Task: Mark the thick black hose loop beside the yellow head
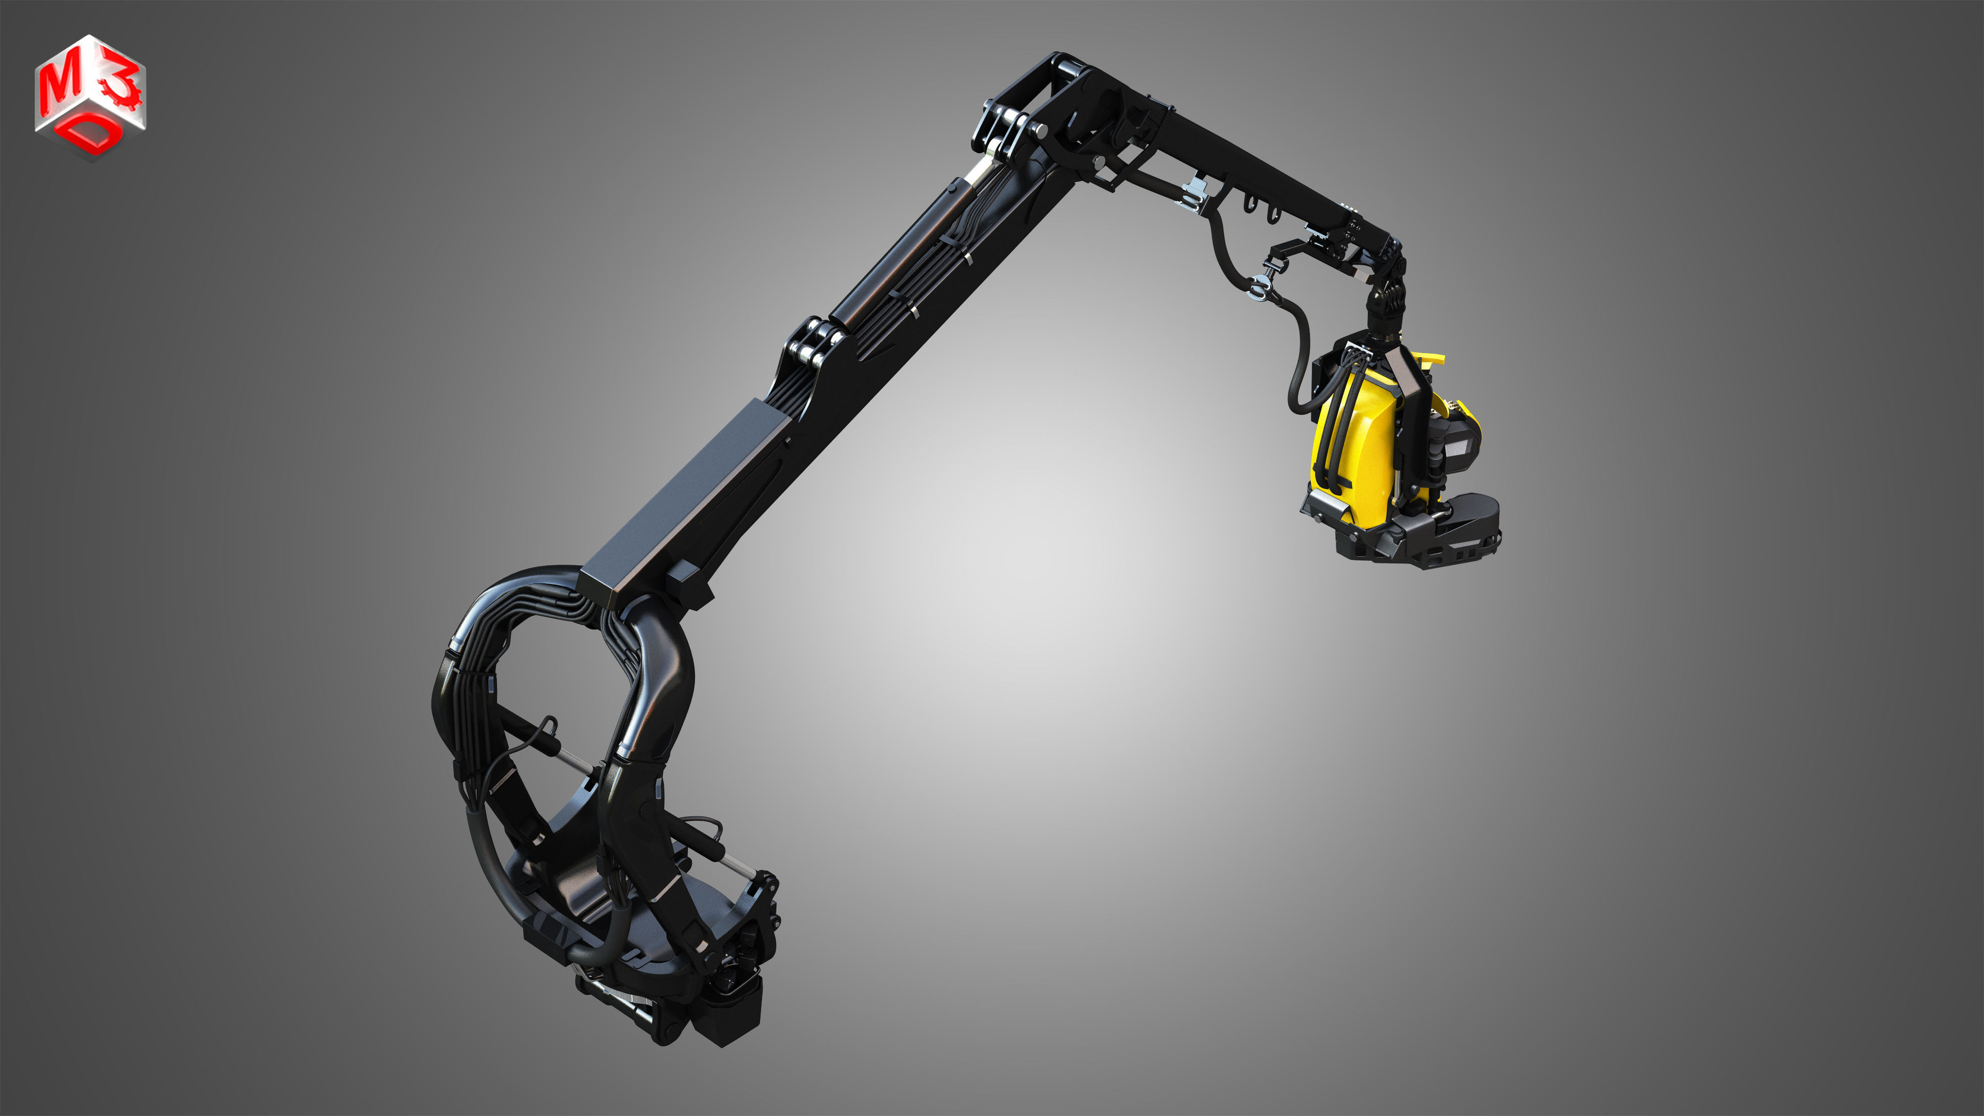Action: [1302, 362]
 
